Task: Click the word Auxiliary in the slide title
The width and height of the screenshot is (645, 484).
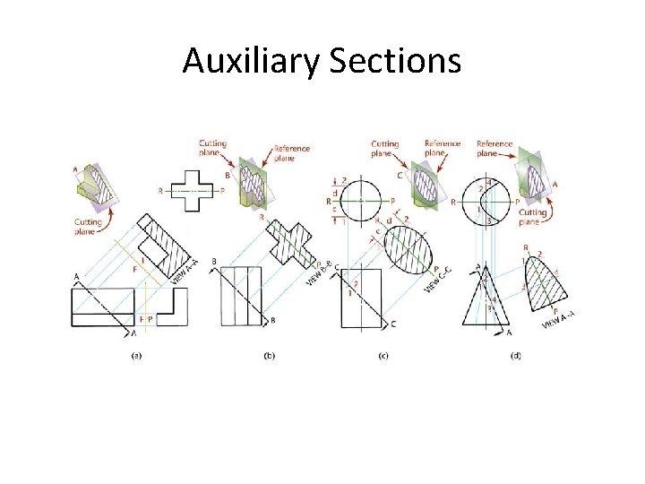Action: click(x=252, y=61)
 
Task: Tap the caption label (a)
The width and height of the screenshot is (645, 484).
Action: click(x=136, y=356)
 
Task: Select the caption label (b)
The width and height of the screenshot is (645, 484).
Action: click(x=269, y=356)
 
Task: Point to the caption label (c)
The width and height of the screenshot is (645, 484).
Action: click(x=383, y=356)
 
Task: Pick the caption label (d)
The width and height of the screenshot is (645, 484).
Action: click(x=515, y=356)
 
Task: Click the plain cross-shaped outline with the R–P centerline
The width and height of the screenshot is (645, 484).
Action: click(x=191, y=191)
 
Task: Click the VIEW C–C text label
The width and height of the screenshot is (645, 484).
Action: click(x=438, y=279)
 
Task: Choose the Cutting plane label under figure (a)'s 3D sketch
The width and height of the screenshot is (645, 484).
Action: click(x=88, y=227)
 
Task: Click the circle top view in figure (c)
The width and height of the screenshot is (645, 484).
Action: click(x=361, y=201)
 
